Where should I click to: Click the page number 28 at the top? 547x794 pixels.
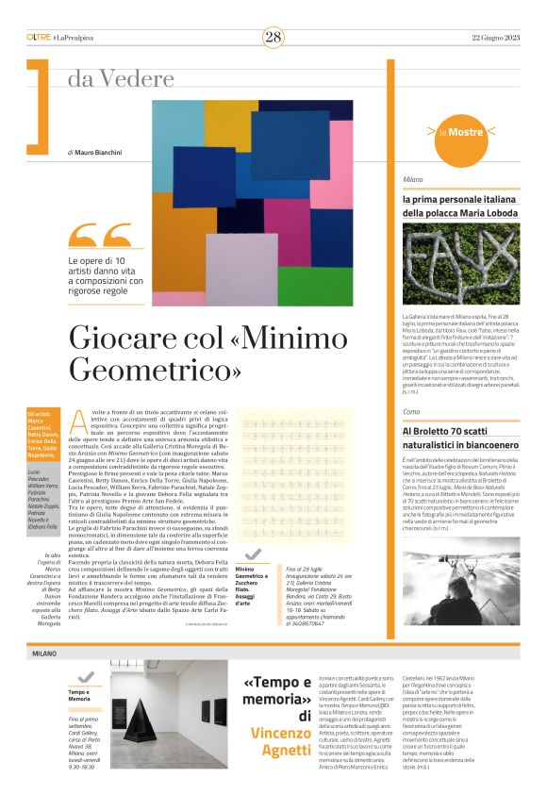coord(273,37)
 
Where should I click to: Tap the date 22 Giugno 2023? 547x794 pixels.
coord(496,37)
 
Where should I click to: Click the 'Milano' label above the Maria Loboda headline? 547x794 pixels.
coord(412,178)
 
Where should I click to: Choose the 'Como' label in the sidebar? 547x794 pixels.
coord(411,412)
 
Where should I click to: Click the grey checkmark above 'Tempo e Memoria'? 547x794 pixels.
coord(86,676)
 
